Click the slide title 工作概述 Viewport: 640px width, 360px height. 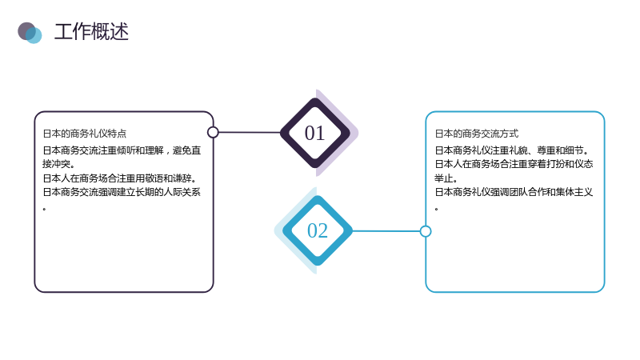[91, 32]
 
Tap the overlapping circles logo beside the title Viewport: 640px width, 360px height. [30, 33]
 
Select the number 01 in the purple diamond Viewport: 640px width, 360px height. [314, 134]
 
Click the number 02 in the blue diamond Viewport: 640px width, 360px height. [317, 230]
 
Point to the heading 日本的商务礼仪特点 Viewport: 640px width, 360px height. [85, 134]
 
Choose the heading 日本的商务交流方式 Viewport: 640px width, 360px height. [476, 134]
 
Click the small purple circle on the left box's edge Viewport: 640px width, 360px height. [213, 132]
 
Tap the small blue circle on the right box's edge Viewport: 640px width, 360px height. [426, 231]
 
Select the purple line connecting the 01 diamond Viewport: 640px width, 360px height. [250, 132]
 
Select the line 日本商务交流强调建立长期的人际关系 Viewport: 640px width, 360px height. [122, 192]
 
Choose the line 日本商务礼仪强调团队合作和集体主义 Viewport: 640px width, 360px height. [514, 192]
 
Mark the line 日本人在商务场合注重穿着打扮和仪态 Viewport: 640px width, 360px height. [514, 164]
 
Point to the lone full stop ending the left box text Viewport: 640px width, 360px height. [44, 209]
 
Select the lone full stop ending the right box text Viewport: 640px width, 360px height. [436, 209]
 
